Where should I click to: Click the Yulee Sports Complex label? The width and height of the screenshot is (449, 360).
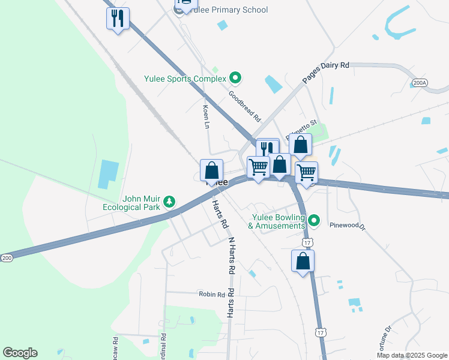[x=185, y=79]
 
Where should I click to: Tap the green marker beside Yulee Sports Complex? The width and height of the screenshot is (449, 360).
[x=236, y=79]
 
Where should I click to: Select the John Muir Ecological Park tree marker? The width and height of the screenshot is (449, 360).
[x=170, y=201]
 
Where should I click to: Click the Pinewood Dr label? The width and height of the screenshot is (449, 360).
[x=348, y=227]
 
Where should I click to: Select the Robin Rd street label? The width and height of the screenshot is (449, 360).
[x=212, y=295]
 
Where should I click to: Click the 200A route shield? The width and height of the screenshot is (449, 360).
[x=420, y=83]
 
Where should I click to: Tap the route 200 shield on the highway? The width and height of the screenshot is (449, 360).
[x=7, y=257]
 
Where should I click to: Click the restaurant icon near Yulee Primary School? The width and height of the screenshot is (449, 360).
[x=118, y=19]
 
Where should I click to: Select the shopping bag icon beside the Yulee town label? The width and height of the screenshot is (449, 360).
[x=211, y=170]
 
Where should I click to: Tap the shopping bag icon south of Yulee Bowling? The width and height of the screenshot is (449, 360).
[x=303, y=261]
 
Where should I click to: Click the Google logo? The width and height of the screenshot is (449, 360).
[x=20, y=353]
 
